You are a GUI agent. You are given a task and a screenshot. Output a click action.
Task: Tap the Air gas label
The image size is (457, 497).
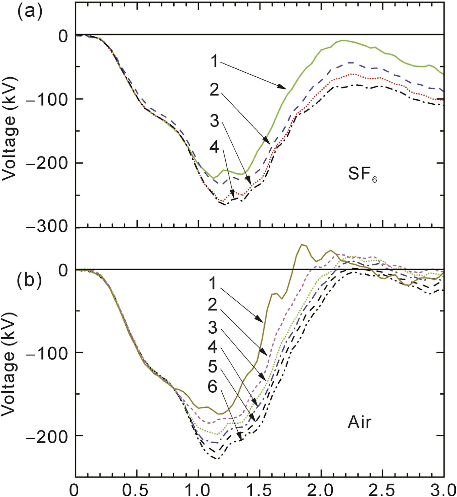(x=359, y=422)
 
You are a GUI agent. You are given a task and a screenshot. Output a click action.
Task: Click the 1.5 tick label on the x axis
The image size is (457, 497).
(x=260, y=489)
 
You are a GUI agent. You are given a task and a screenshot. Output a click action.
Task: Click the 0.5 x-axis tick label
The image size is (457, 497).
(x=137, y=489)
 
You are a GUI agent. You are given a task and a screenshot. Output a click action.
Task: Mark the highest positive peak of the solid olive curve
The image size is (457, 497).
(x=302, y=244)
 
